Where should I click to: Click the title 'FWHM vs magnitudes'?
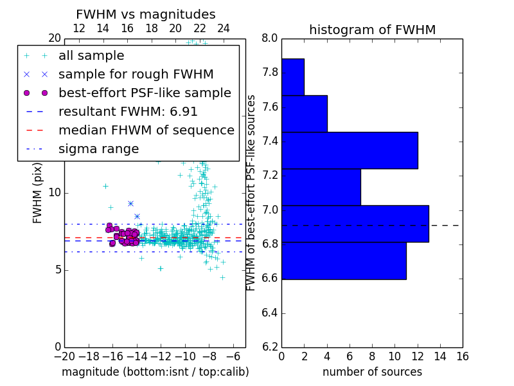click(146, 14)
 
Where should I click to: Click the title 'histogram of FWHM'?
click(372, 30)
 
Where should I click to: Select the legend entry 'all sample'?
click(91, 56)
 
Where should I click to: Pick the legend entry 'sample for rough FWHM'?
click(136, 74)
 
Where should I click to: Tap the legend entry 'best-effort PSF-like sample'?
click(145, 93)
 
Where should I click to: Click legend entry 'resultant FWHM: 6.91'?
click(128, 111)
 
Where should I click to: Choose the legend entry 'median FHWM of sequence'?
click(146, 130)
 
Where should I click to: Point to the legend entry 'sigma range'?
click(98, 149)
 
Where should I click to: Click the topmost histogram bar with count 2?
click(292, 77)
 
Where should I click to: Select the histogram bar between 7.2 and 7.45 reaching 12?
click(350, 151)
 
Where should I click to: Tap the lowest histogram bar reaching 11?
click(344, 261)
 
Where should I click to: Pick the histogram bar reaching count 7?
click(321, 187)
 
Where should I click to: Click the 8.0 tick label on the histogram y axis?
click(270, 38)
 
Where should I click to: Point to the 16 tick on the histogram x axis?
click(462, 356)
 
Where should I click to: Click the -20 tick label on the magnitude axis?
click(64, 356)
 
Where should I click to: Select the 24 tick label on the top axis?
click(224, 28)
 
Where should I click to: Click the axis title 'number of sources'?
click(372, 372)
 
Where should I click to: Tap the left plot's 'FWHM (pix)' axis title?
click(38, 192)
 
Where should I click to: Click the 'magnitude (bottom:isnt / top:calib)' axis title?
click(155, 372)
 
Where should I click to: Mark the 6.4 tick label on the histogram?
click(270, 313)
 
